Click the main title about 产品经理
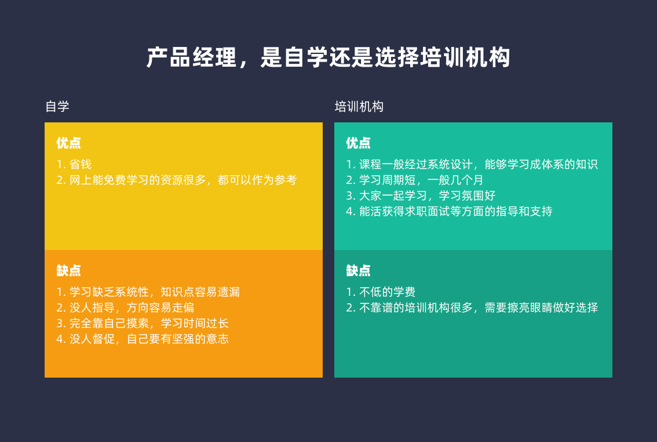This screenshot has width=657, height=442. point(328,57)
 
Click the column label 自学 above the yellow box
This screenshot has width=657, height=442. point(57,107)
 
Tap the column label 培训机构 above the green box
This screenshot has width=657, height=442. point(359,107)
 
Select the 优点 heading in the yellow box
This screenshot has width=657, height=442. point(69,143)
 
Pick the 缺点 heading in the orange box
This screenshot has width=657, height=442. point(69,270)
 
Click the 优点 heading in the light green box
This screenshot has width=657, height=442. point(358,143)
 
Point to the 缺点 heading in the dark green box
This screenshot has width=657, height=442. point(358,270)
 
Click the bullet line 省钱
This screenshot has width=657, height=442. point(74,164)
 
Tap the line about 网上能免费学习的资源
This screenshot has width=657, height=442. point(177,180)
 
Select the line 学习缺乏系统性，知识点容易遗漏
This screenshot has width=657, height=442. point(148,292)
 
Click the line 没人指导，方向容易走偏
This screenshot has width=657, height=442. point(125,307)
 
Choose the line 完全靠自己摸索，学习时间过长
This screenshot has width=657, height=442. point(143,323)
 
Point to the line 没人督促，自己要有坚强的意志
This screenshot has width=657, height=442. point(143,339)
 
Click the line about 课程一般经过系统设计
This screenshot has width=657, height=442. point(472,164)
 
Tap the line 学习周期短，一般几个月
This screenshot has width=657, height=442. point(415,180)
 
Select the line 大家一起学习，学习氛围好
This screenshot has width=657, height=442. point(421,195)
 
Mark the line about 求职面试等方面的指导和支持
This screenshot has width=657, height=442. point(449,211)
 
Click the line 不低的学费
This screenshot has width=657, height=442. point(381,292)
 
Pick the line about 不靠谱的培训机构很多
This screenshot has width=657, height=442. point(472,307)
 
